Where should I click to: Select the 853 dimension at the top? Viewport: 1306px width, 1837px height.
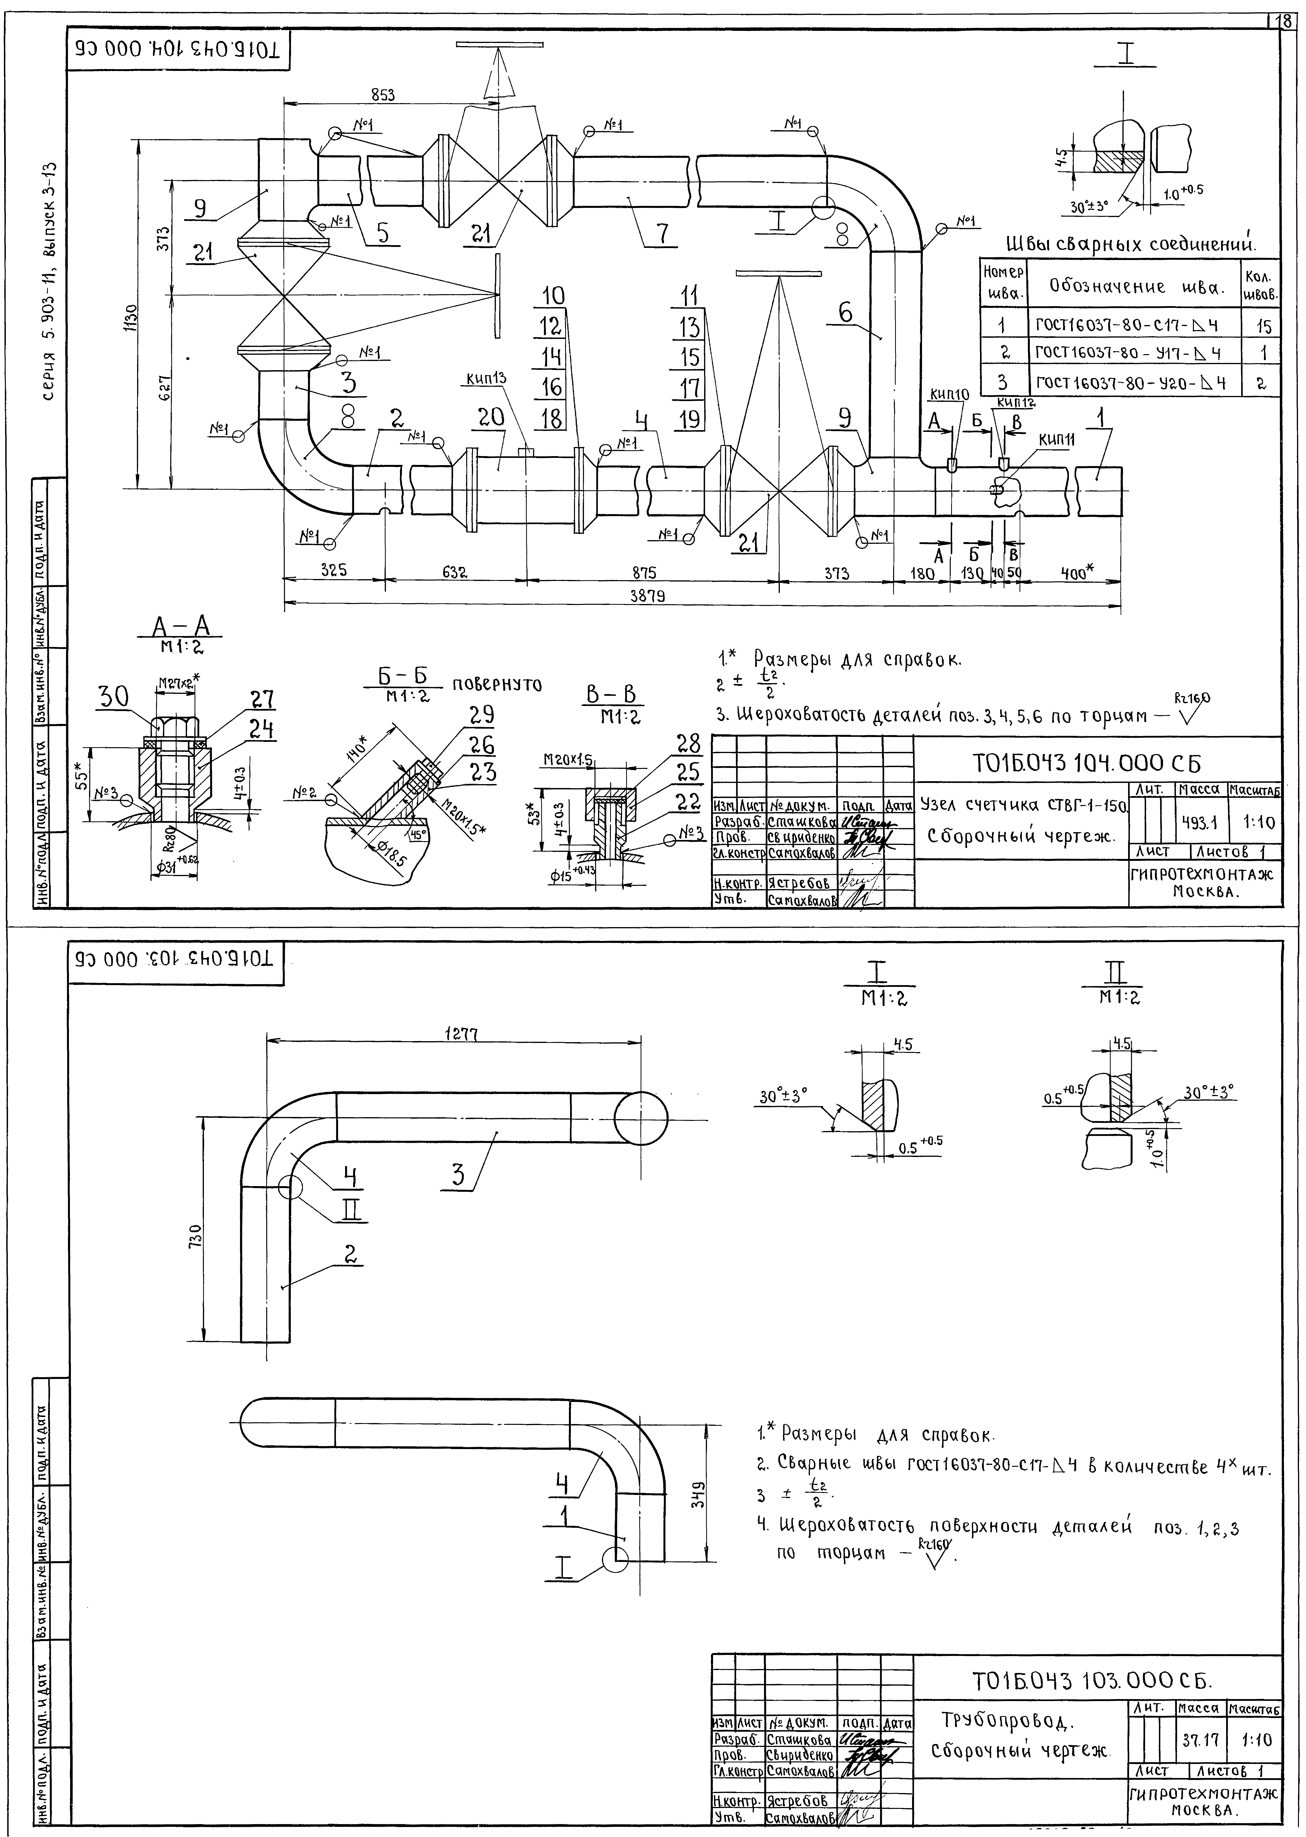(x=383, y=95)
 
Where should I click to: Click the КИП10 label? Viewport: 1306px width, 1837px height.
(x=950, y=394)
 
